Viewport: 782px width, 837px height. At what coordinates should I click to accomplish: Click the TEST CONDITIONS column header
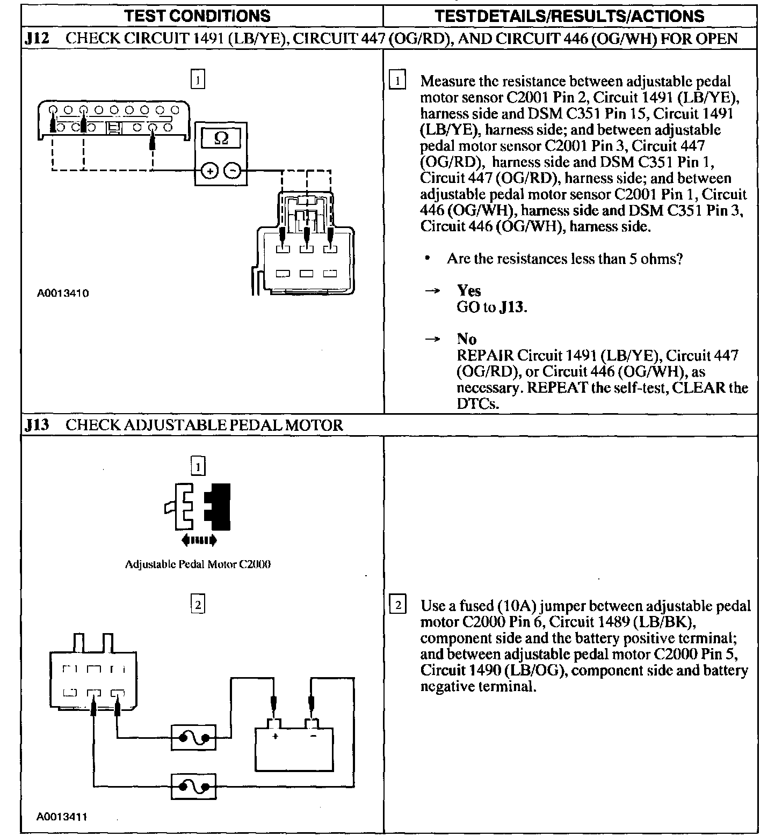(197, 16)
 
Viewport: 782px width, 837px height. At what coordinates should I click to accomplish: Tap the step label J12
(37, 39)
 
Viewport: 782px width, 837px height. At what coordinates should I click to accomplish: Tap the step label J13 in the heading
(37, 425)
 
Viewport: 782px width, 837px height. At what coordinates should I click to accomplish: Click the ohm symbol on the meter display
(221, 138)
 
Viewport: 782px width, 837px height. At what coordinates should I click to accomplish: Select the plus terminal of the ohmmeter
(209, 171)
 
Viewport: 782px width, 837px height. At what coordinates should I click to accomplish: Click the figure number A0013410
(63, 293)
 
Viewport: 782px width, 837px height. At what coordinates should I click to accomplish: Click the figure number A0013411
(63, 817)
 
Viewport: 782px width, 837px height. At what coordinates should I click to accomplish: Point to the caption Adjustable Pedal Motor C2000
(198, 564)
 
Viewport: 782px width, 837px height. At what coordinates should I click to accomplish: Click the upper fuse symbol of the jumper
(193, 738)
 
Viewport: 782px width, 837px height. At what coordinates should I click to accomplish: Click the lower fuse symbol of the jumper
(193, 787)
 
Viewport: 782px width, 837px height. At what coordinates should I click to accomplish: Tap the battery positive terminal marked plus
(274, 736)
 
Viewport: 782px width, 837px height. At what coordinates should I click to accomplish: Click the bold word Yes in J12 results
(469, 291)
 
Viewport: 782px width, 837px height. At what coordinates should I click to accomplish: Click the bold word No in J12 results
(467, 339)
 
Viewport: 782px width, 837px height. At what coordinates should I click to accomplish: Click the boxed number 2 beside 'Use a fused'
(397, 605)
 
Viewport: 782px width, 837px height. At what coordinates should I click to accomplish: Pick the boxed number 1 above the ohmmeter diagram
(198, 80)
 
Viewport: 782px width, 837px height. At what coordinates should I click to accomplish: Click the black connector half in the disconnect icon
(219, 506)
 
